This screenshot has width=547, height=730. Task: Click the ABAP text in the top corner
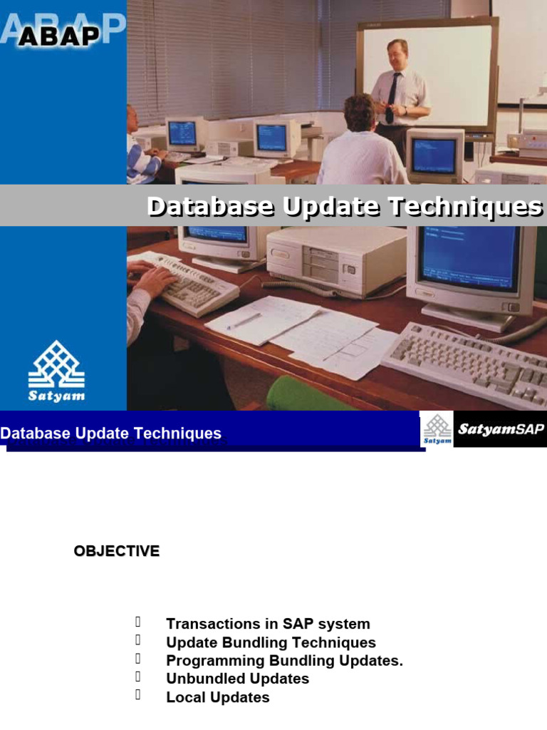coord(59,35)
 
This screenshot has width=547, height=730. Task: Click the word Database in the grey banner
coord(211,207)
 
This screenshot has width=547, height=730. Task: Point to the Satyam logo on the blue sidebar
coord(56,371)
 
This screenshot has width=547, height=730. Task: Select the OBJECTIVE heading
coord(117,551)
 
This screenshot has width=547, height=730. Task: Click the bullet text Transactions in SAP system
coord(268,624)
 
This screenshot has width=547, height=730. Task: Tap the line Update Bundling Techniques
coord(271,642)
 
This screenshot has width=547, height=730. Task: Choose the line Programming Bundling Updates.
coord(284,660)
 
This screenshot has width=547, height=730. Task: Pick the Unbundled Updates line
coord(237,678)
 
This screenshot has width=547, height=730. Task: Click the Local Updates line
coord(217,696)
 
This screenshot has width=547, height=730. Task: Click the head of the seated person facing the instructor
coord(359,112)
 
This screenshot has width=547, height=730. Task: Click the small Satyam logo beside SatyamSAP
coord(437,429)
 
